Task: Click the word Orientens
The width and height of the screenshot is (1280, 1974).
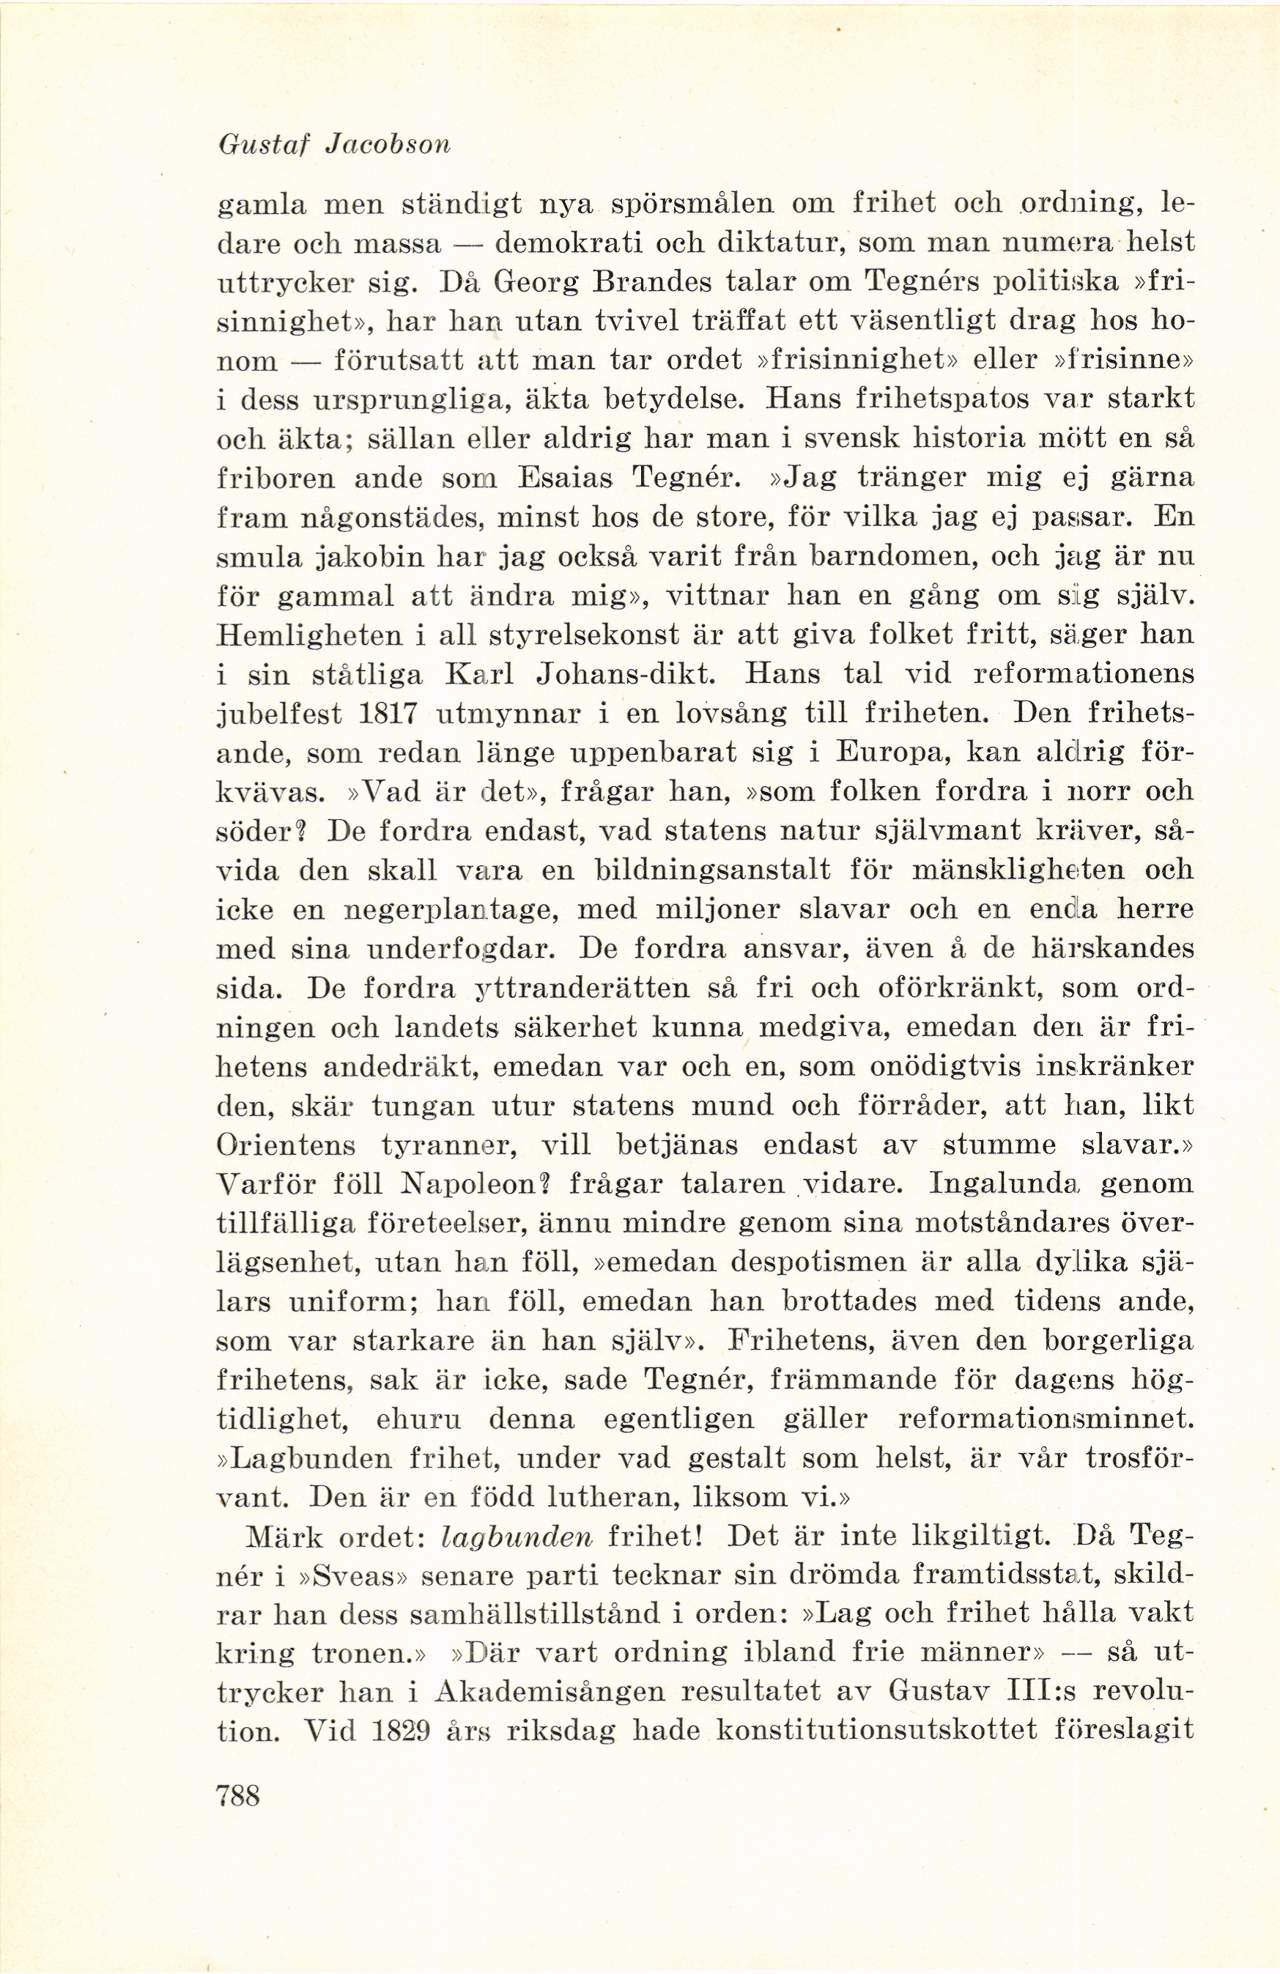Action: coord(285,1145)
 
